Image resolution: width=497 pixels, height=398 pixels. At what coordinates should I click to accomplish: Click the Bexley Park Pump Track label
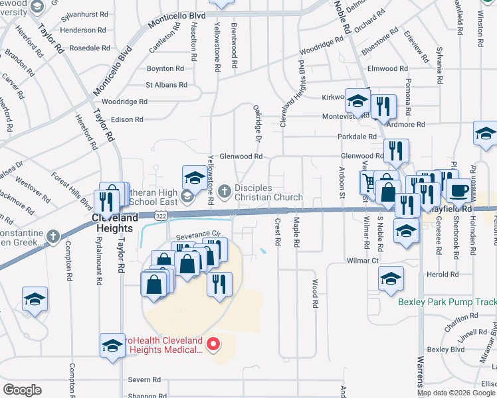coord(447,302)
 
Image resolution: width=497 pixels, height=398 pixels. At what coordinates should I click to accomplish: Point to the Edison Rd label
coord(128,119)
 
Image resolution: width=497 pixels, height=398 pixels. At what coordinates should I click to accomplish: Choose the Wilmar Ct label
coord(362,261)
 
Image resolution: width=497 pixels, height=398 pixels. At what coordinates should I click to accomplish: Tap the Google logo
coord(22,390)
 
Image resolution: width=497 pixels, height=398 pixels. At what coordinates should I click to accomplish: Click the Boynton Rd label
coord(165,68)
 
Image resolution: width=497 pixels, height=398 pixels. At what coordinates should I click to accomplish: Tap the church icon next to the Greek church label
coord(53,235)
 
